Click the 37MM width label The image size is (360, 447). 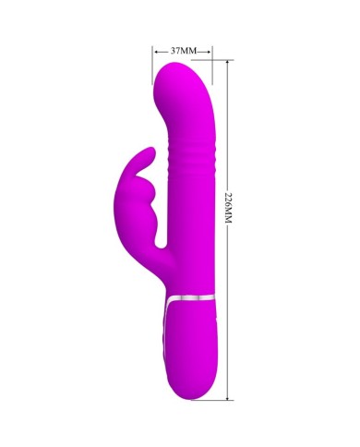point(184,51)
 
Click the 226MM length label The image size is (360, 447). point(228,208)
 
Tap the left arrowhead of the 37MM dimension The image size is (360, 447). point(157,52)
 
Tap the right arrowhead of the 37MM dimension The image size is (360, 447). point(209,52)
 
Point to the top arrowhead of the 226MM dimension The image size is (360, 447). point(227,63)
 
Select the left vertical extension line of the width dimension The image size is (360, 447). point(152,66)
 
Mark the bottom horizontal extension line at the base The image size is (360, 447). point(212,401)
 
